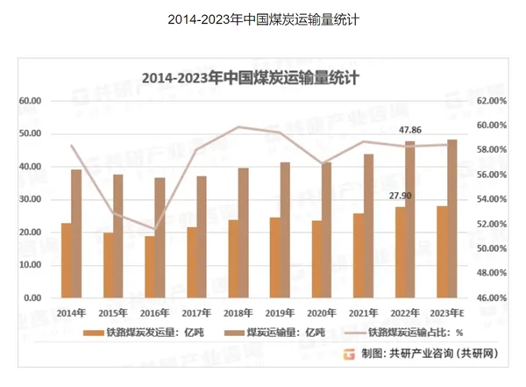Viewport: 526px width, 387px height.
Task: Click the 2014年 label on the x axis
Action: click(71, 311)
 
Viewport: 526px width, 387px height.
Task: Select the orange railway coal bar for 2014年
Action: click(66, 261)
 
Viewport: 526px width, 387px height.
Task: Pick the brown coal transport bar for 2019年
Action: click(285, 230)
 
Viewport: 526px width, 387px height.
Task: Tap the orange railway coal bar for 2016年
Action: click(150, 267)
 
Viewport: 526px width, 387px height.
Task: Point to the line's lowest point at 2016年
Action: click(154, 229)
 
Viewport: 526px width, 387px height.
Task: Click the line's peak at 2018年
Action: click(238, 127)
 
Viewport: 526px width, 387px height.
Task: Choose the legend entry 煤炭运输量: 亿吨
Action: click(288, 333)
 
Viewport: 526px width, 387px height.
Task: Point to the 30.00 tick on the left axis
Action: click(31, 199)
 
